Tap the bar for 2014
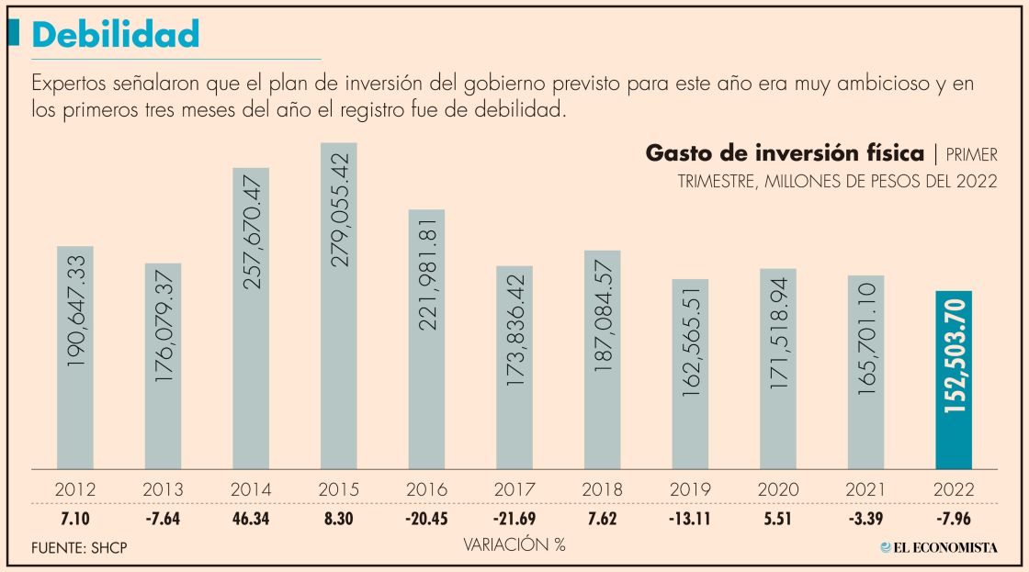pyautogui.click(x=251, y=318)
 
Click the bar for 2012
pyautogui.click(x=75, y=357)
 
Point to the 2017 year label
pyautogui.click(x=514, y=489)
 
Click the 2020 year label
pyautogui.click(x=778, y=489)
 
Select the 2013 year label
pyautogui.click(x=163, y=489)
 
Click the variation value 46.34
pyautogui.click(x=251, y=519)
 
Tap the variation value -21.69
pyautogui.click(x=514, y=519)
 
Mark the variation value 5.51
pyautogui.click(x=778, y=519)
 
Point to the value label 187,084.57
pyautogui.click(x=603, y=318)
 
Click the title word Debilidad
pyautogui.click(x=116, y=35)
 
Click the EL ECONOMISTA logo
pyautogui.click(x=939, y=547)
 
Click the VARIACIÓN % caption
pyautogui.click(x=514, y=544)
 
